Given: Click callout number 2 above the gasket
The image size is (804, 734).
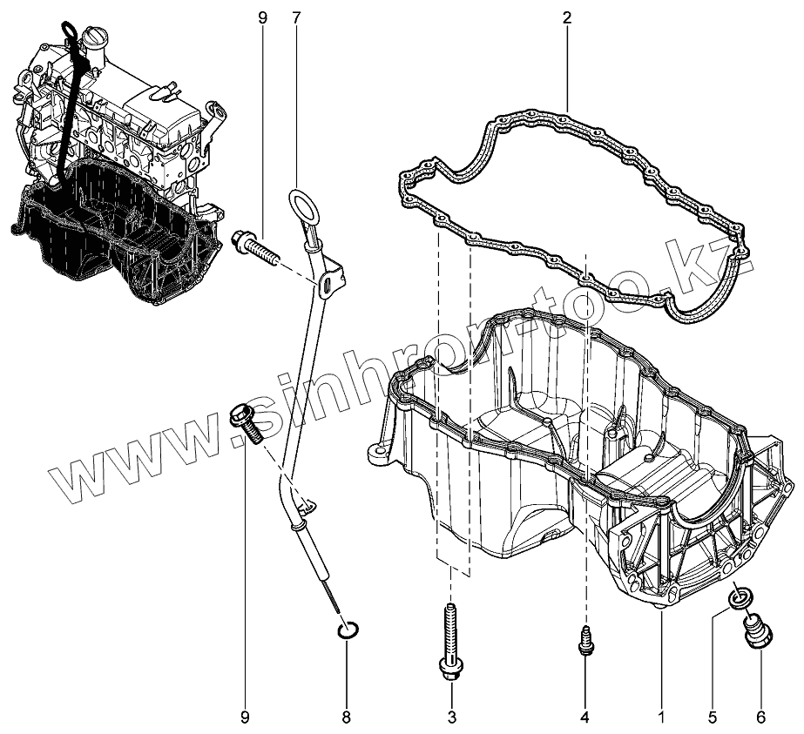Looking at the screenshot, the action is coord(566,17).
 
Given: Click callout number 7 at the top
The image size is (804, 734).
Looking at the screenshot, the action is coord(296,17).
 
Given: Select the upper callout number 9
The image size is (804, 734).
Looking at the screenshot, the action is coord(262,17).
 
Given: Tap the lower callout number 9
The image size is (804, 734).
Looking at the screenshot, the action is coord(245,717).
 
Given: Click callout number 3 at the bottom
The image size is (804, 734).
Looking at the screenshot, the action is coord(451,717).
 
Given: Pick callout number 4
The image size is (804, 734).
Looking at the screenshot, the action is coord(584,717).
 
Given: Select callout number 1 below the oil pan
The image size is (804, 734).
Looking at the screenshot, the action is coord(661,717).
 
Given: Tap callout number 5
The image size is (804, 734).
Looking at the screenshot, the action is coord(712,717).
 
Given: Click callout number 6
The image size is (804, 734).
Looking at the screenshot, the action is coord(760,717).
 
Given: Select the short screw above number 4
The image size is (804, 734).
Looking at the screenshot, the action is coord(585,641).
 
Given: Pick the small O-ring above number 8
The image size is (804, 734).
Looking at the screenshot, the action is coord(347,631).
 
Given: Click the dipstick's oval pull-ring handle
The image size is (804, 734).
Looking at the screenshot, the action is coord(301,205).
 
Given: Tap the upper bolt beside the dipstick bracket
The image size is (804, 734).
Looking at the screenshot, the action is coord(254,246).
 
